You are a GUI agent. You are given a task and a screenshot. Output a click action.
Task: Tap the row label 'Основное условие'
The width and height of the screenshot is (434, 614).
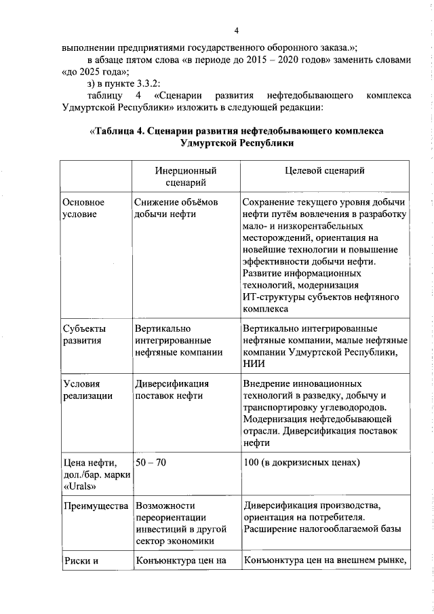[x=83, y=208]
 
